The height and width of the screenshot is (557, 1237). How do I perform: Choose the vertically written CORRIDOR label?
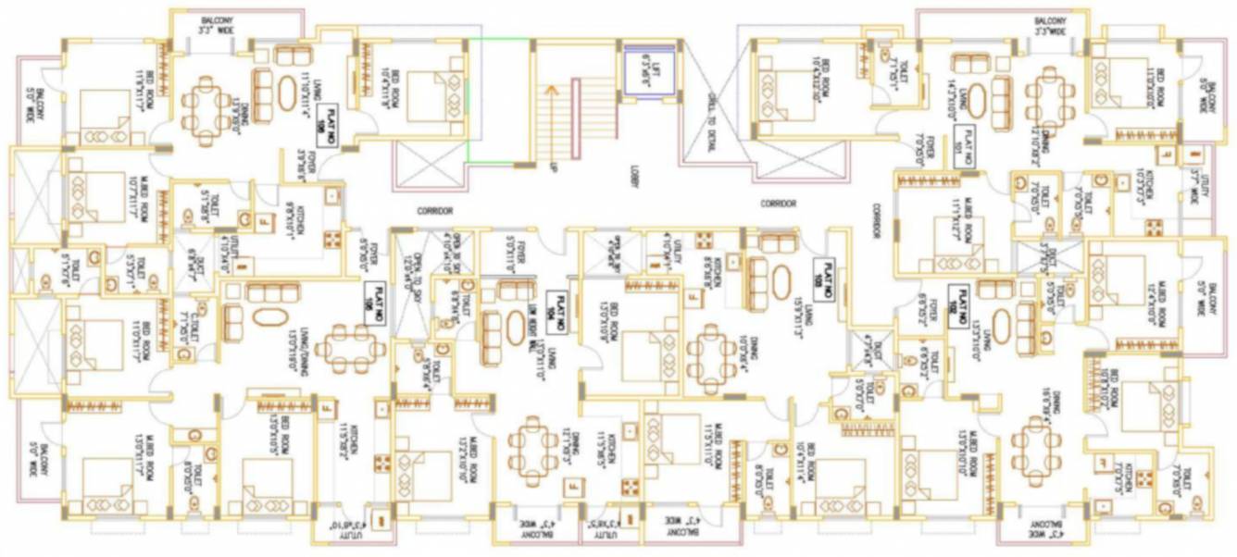[872, 222]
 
